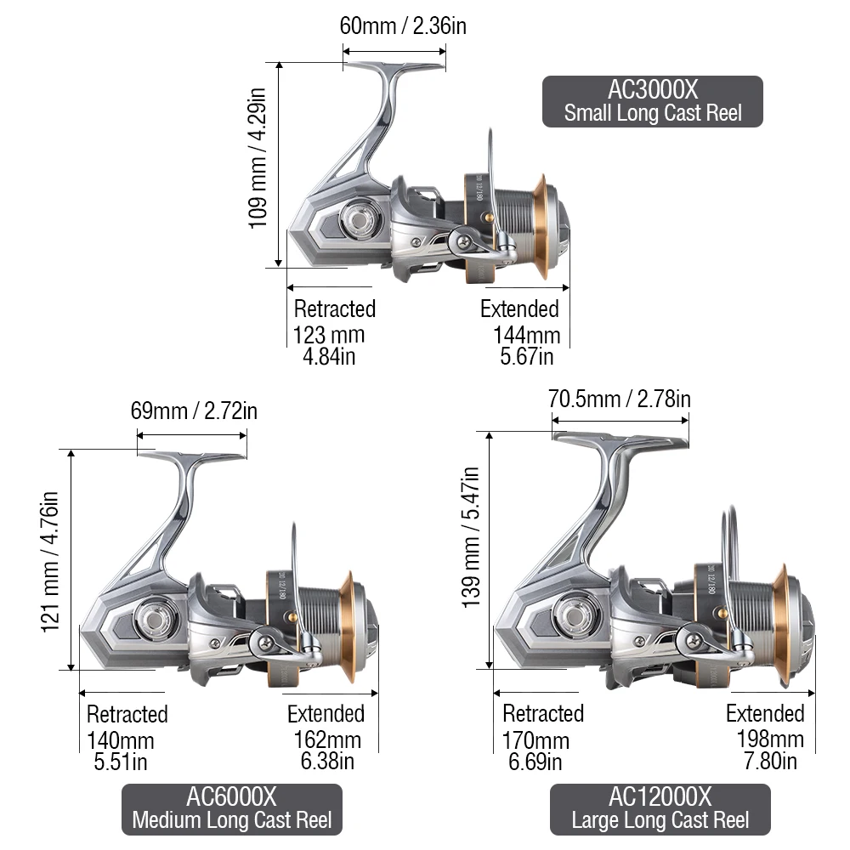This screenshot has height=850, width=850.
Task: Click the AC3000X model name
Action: [653, 89]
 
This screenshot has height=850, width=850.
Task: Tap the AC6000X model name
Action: [231, 797]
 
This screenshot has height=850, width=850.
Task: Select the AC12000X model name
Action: [660, 797]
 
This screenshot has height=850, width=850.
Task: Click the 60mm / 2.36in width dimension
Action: [403, 26]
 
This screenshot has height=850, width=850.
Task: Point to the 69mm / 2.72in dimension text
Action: [194, 411]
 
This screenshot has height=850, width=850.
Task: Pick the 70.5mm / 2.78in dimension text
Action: [619, 399]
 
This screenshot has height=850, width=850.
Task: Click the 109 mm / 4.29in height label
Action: [258, 158]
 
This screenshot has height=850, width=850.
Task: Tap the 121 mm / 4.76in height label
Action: [50, 562]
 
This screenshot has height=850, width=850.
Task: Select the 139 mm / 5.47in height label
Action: [471, 537]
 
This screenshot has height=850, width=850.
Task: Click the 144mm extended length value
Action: [526, 336]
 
